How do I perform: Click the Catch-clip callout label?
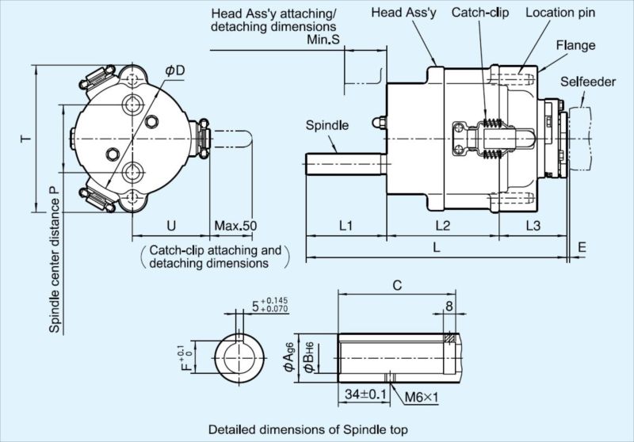[480, 13]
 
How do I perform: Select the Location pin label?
[560, 13]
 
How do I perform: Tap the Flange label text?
[575, 45]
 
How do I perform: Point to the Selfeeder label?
[588, 82]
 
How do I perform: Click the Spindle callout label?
[327, 125]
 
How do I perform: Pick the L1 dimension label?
[346, 226]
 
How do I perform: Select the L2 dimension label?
[443, 226]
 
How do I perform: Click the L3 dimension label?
[533, 226]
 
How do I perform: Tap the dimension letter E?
[582, 247]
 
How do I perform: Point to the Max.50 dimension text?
[235, 226]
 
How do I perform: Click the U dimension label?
[171, 226]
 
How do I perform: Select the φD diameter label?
[174, 70]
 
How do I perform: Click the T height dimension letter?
[26, 139]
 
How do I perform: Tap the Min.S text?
[323, 40]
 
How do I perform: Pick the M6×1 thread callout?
[422, 398]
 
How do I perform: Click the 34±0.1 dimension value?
[365, 394]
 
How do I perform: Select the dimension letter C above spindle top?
[398, 286]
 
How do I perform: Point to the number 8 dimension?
[449, 307]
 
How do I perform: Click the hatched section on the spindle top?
[449, 337]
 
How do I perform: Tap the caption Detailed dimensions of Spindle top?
[308, 429]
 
